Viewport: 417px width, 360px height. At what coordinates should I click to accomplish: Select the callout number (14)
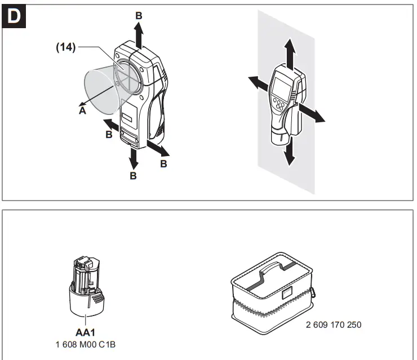click(66, 48)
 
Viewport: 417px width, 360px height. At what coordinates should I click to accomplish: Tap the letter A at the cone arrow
click(82, 111)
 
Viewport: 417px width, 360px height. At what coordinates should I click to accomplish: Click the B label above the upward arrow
click(139, 16)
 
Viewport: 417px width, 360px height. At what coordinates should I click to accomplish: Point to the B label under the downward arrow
click(134, 176)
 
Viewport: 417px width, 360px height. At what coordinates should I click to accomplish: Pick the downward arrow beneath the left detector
click(134, 159)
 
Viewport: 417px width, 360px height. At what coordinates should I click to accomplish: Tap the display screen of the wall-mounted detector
click(280, 86)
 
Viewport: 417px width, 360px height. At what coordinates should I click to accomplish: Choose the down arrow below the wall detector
click(289, 152)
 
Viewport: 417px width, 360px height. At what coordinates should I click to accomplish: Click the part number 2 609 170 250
click(334, 325)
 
